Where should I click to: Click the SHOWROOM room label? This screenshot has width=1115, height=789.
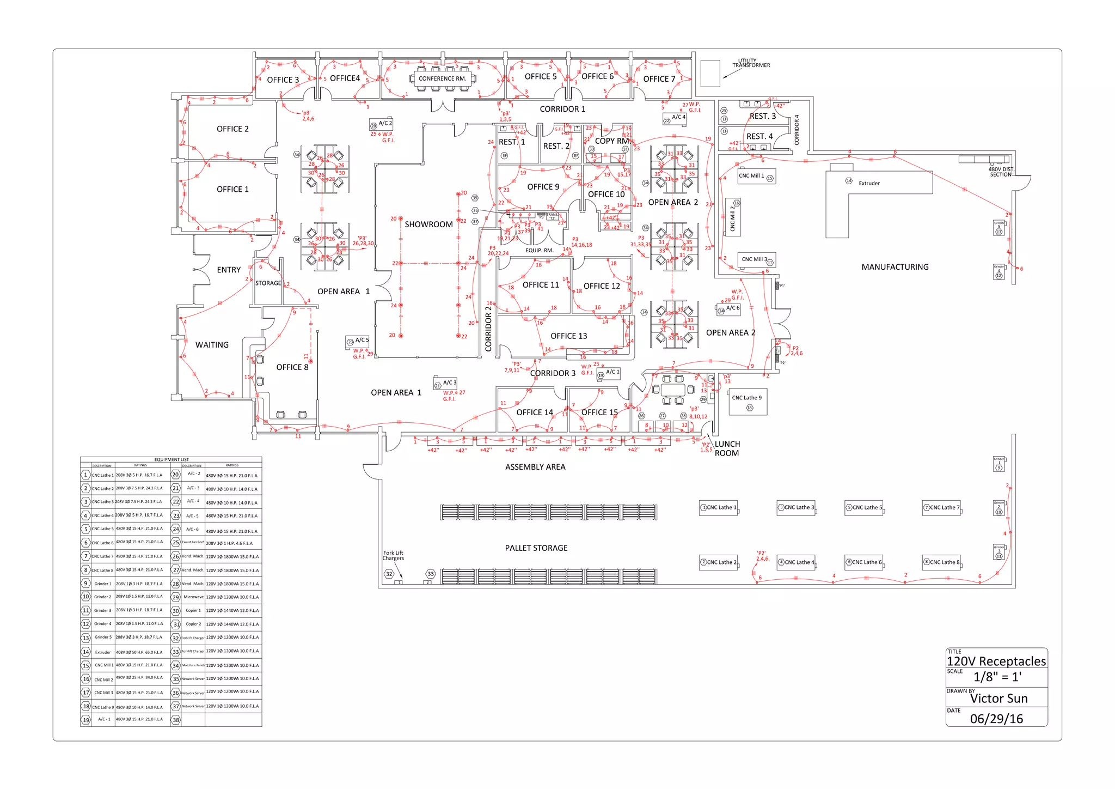tap(428, 224)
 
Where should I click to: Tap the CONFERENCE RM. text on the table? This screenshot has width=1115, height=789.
tap(442, 78)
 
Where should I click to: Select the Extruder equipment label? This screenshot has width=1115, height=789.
tap(869, 184)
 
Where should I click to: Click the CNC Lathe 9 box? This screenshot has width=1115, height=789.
tap(748, 402)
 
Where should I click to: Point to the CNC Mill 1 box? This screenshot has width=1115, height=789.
tap(756, 176)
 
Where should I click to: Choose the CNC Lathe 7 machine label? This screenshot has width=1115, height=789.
tap(941, 508)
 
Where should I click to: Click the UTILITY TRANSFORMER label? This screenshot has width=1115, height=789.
tap(751, 63)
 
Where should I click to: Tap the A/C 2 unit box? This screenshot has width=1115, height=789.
tap(381, 124)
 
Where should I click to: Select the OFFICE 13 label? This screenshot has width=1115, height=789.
tap(568, 336)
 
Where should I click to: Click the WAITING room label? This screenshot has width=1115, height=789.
tap(212, 345)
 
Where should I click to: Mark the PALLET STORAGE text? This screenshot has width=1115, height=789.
tap(536, 548)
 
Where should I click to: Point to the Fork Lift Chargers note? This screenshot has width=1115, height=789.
tap(393, 556)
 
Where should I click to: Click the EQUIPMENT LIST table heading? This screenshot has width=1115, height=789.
tap(171, 459)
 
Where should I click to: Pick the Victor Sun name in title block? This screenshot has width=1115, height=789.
tap(998, 699)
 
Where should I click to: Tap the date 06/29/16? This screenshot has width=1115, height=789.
tap(996, 719)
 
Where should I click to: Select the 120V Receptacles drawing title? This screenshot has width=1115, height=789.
tap(996, 661)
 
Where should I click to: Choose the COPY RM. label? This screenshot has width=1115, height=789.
tap(612, 141)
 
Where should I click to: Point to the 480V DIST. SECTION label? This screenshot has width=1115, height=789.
tap(1001, 172)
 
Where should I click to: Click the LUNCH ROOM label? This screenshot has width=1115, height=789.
tap(727, 448)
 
